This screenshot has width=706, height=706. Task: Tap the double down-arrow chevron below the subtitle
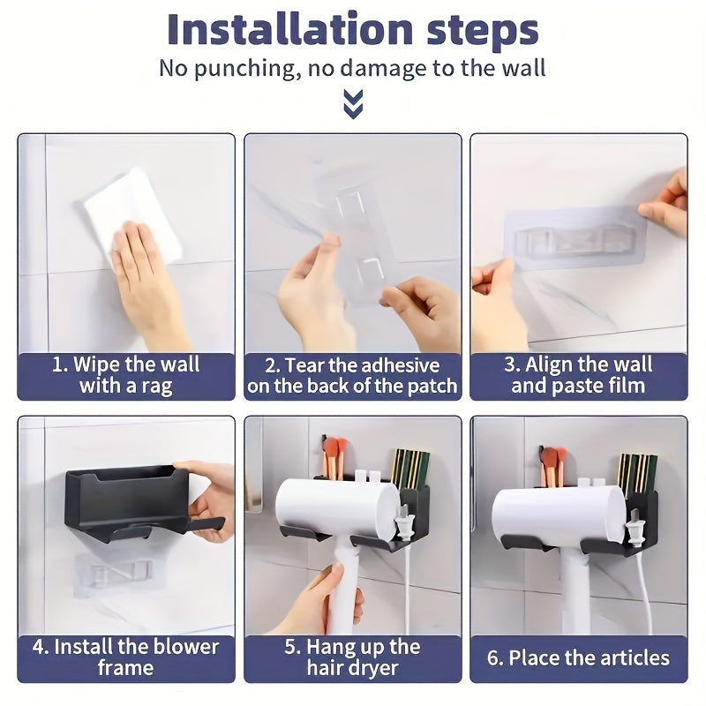pyautogui.click(x=353, y=106)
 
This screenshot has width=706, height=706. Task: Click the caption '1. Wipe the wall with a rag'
pyautogui.click(x=126, y=375)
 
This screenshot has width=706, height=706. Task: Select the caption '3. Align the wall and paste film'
pyautogui.click(x=578, y=375)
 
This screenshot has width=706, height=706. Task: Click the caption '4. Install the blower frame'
pyautogui.click(x=126, y=657)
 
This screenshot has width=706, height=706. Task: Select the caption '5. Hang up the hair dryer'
pyautogui.click(x=353, y=657)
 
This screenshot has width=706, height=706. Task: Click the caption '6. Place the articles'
pyautogui.click(x=578, y=658)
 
